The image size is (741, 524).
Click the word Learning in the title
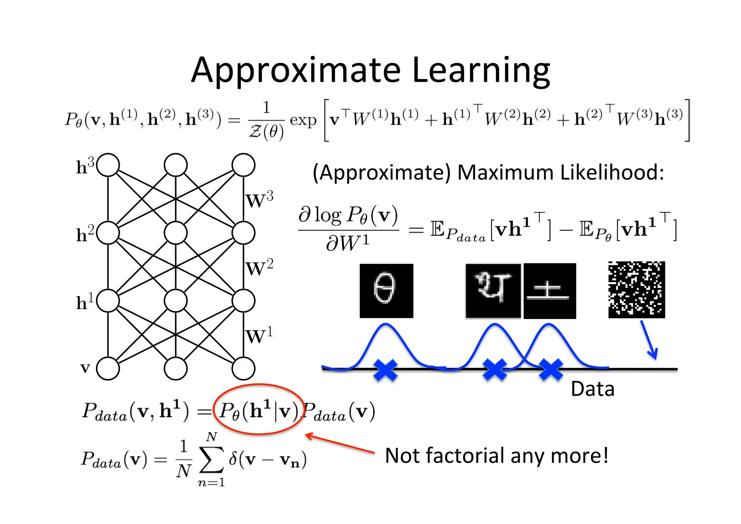point(481,71)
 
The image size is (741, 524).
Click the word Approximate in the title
point(296,71)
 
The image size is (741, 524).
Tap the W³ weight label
point(259,200)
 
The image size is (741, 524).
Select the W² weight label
point(259,268)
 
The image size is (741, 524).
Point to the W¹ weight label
point(259,336)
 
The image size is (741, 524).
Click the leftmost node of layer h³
point(108,165)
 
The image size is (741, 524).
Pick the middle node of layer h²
point(175,233)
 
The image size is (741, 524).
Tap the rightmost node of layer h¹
point(244,301)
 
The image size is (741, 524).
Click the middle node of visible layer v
point(175,369)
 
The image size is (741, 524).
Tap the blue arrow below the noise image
point(649,340)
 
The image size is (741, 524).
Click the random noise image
point(636,290)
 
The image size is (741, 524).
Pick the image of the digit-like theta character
point(386,291)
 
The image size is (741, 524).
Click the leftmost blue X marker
point(385,370)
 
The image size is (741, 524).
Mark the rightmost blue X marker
point(551,370)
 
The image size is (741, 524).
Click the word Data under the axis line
point(592,389)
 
